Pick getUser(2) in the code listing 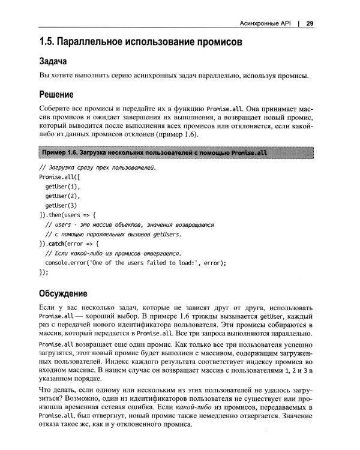(x=62, y=196)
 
